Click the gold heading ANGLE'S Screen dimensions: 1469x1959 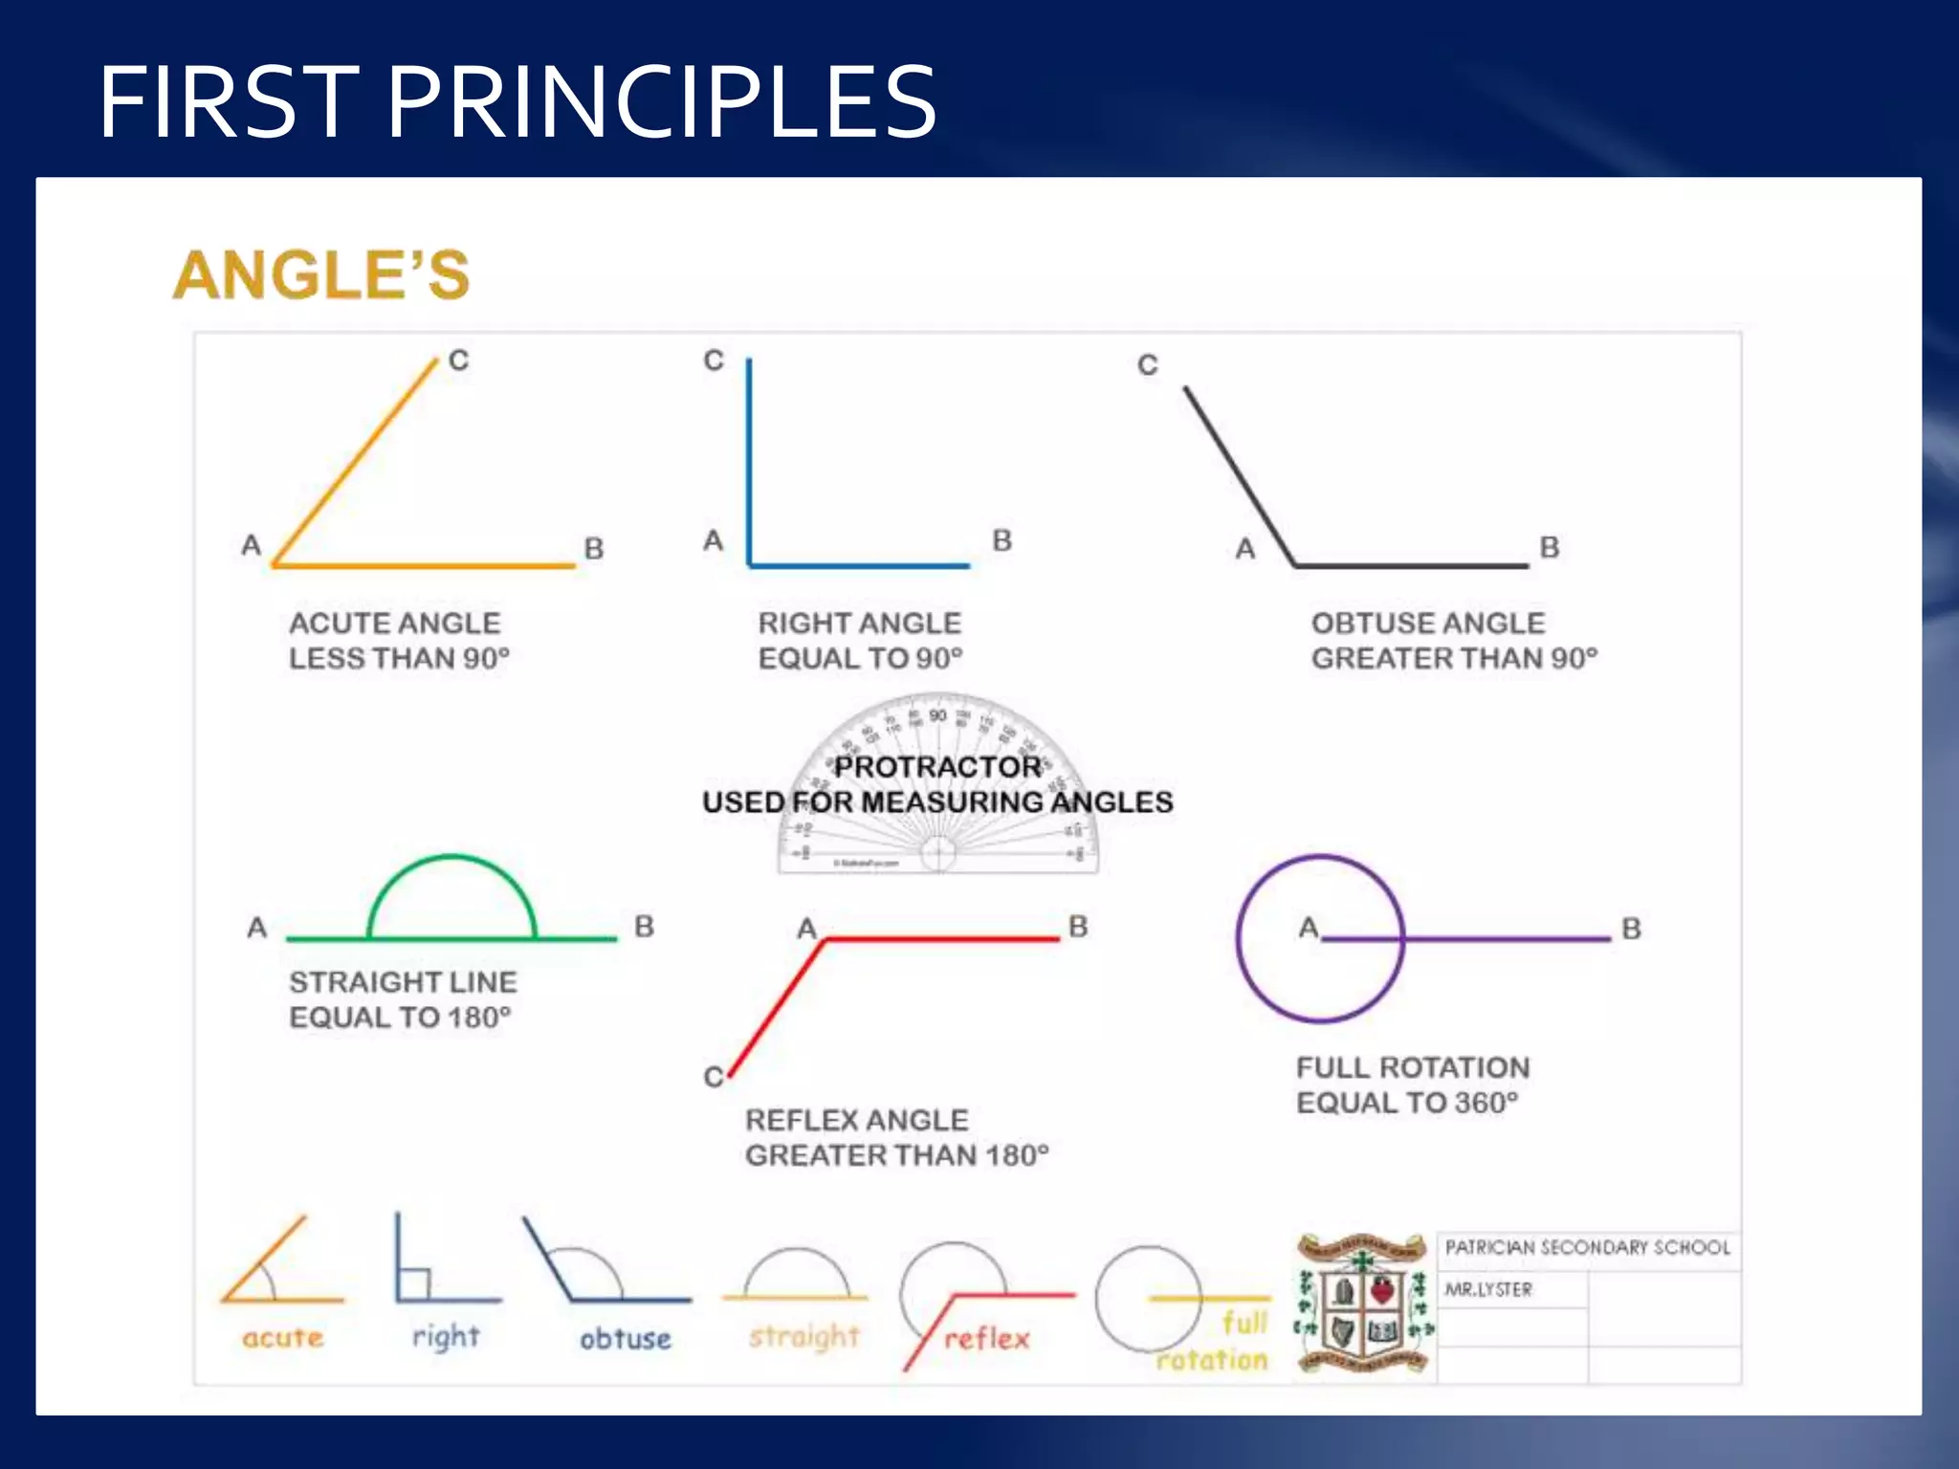click(321, 275)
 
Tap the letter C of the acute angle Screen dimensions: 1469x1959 click(459, 361)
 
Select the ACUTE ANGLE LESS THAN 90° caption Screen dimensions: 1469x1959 click(399, 641)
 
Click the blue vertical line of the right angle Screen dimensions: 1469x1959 click(749, 459)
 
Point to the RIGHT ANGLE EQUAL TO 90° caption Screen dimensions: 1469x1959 click(860, 641)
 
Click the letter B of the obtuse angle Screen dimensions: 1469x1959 click(1550, 547)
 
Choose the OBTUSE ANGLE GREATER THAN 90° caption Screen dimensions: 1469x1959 click(1454, 641)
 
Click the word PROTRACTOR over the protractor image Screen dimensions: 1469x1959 click(937, 767)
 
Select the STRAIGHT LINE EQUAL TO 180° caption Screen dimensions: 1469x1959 click(402, 999)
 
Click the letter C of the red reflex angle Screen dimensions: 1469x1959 click(714, 1077)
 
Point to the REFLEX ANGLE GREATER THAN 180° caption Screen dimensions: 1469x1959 click(896, 1138)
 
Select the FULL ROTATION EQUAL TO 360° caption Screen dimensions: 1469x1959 click(1412, 1085)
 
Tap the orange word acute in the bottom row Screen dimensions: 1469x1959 click(283, 1338)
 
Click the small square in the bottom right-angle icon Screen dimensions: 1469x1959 click(414, 1284)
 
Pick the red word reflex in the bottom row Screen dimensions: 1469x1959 click(987, 1339)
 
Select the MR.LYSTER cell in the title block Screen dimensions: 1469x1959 click(1488, 1289)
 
